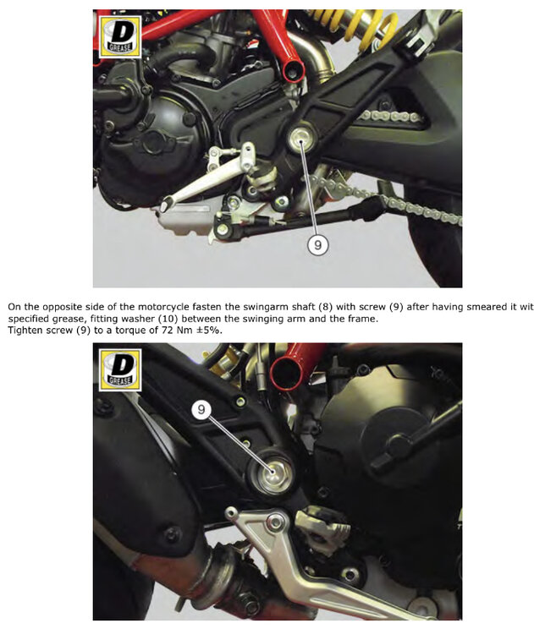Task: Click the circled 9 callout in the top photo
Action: click(318, 244)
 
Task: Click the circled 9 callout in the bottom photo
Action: click(201, 409)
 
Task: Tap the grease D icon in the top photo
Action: click(120, 37)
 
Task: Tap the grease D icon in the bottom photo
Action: click(120, 370)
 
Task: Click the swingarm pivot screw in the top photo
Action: click(301, 138)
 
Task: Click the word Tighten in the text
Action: click(24, 331)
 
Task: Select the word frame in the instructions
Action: click(364, 319)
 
